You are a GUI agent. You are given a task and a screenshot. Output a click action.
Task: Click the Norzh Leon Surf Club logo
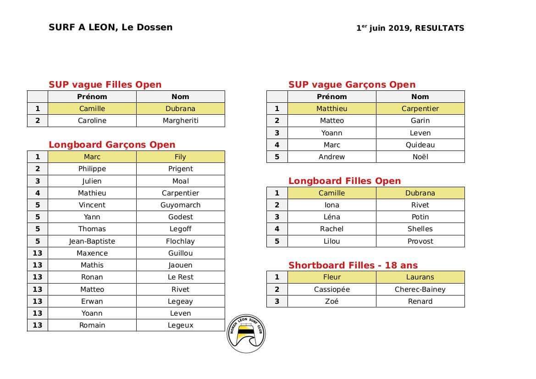[246, 334]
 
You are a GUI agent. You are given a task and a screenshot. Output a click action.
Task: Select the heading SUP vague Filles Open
[105, 84]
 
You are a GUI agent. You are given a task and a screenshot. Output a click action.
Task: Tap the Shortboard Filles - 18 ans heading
[353, 265]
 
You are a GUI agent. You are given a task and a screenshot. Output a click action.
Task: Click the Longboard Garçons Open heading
[112, 145]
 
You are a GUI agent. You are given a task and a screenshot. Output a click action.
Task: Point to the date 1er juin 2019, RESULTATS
[410, 28]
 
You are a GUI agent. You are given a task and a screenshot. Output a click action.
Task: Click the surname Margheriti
[180, 121]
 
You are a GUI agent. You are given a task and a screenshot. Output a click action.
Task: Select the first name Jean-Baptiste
[92, 241]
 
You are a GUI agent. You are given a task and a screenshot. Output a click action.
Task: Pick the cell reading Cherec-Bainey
[420, 289]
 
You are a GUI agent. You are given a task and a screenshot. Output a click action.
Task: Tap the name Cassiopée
[332, 289]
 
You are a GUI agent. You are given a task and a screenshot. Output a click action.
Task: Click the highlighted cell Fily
[180, 157]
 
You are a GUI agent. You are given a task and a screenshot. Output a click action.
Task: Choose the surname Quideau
[420, 145]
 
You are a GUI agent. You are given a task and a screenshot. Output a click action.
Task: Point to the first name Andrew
[332, 157]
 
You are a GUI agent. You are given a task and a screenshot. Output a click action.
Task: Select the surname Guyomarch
[180, 205]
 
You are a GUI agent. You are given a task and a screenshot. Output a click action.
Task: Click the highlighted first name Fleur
[332, 277]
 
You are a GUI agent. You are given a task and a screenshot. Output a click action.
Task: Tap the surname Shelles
[420, 229]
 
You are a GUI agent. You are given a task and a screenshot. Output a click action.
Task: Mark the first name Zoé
[332, 301]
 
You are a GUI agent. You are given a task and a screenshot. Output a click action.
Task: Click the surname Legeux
[180, 325]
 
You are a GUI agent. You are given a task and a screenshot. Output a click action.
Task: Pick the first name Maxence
[92, 253]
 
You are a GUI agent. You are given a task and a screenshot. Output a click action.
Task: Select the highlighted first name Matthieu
[332, 109]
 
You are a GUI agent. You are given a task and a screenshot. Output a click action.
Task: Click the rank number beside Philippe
[38, 169]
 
